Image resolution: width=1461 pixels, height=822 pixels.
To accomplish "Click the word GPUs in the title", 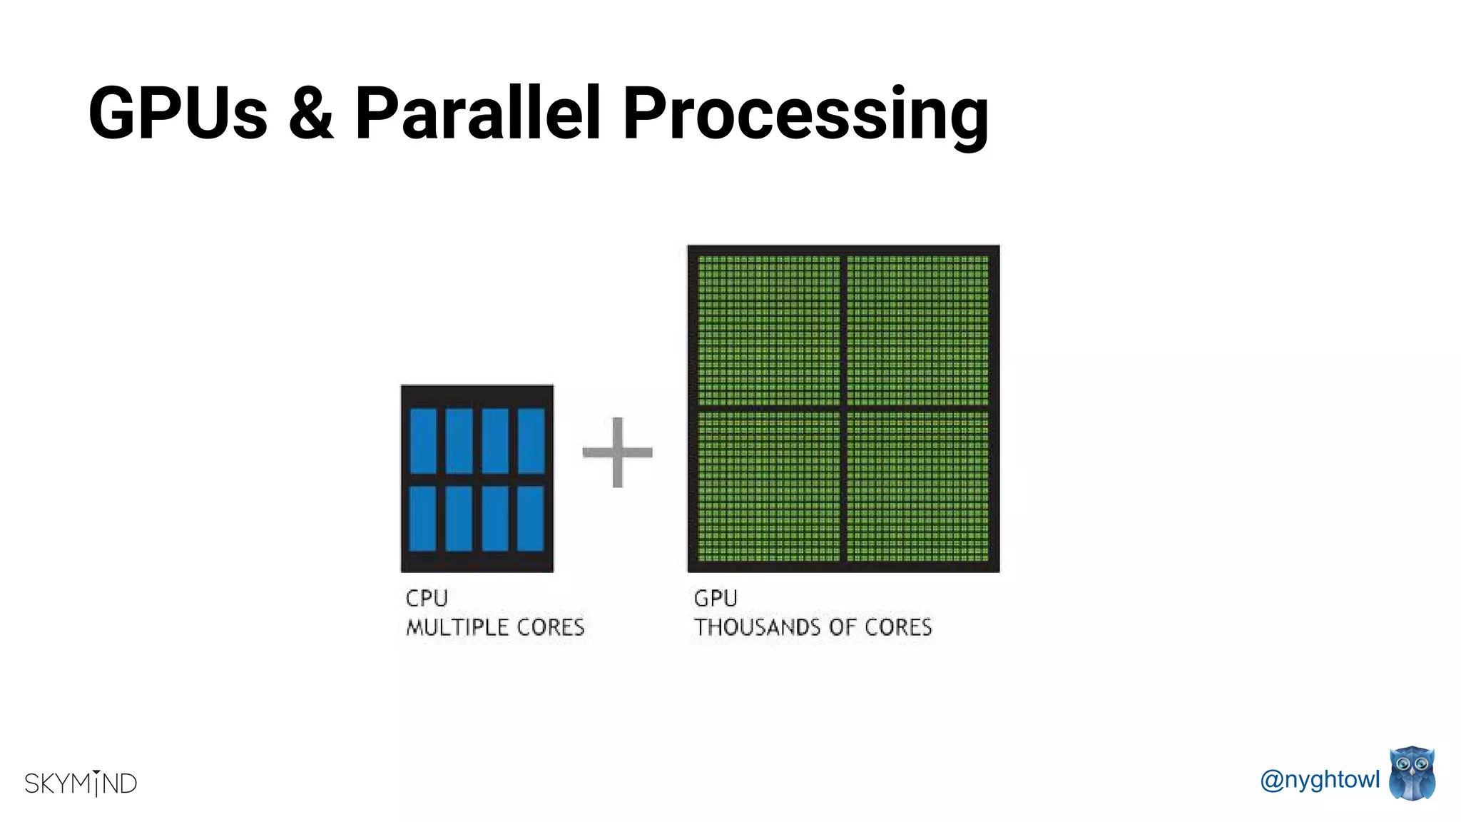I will pyautogui.click(x=178, y=113).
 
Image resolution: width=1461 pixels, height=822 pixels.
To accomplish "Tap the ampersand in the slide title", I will pyautogui.click(x=311, y=113).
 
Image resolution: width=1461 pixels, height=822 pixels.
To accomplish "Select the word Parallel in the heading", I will pyautogui.click(x=478, y=113).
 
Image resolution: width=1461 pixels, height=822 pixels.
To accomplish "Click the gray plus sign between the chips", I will pyautogui.click(x=617, y=452).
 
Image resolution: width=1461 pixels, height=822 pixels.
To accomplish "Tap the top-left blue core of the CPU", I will pyautogui.click(x=423, y=441).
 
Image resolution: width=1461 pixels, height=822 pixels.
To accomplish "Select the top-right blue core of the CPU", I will pyautogui.click(x=531, y=441).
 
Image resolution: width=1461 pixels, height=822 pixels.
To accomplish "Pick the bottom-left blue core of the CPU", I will pyautogui.click(x=423, y=519).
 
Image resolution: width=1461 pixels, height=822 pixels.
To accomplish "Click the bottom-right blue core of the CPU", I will pyautogui.click(x=531, y=519).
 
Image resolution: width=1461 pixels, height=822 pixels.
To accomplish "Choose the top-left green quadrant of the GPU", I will pyautogui.click(x=769, y=330).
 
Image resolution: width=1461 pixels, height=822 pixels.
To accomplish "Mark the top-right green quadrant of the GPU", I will pyautogui.click(x=917, y=330).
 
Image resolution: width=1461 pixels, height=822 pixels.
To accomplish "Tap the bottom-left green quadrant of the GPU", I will pyautogui.click(x=769, y=486).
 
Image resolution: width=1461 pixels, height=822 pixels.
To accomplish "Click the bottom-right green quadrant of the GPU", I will pyautogui.click(x=917, y=486).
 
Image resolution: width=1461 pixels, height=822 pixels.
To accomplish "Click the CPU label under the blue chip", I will pyautogui.click(x=427, y=598).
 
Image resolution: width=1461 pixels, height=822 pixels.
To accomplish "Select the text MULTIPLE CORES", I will pyautogui.click(x=495, y=627).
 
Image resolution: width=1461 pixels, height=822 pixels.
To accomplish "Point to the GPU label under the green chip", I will pyautogui.click(x=716, y=598).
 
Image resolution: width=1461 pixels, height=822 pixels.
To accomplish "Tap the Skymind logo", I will pyautogui.click(x=81, y=783).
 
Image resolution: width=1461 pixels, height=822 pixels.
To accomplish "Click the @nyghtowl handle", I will pyautogui.click(x=1320, y=779).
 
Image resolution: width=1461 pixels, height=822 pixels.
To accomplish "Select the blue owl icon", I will pyautogui.click(x=1412, y=774).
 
